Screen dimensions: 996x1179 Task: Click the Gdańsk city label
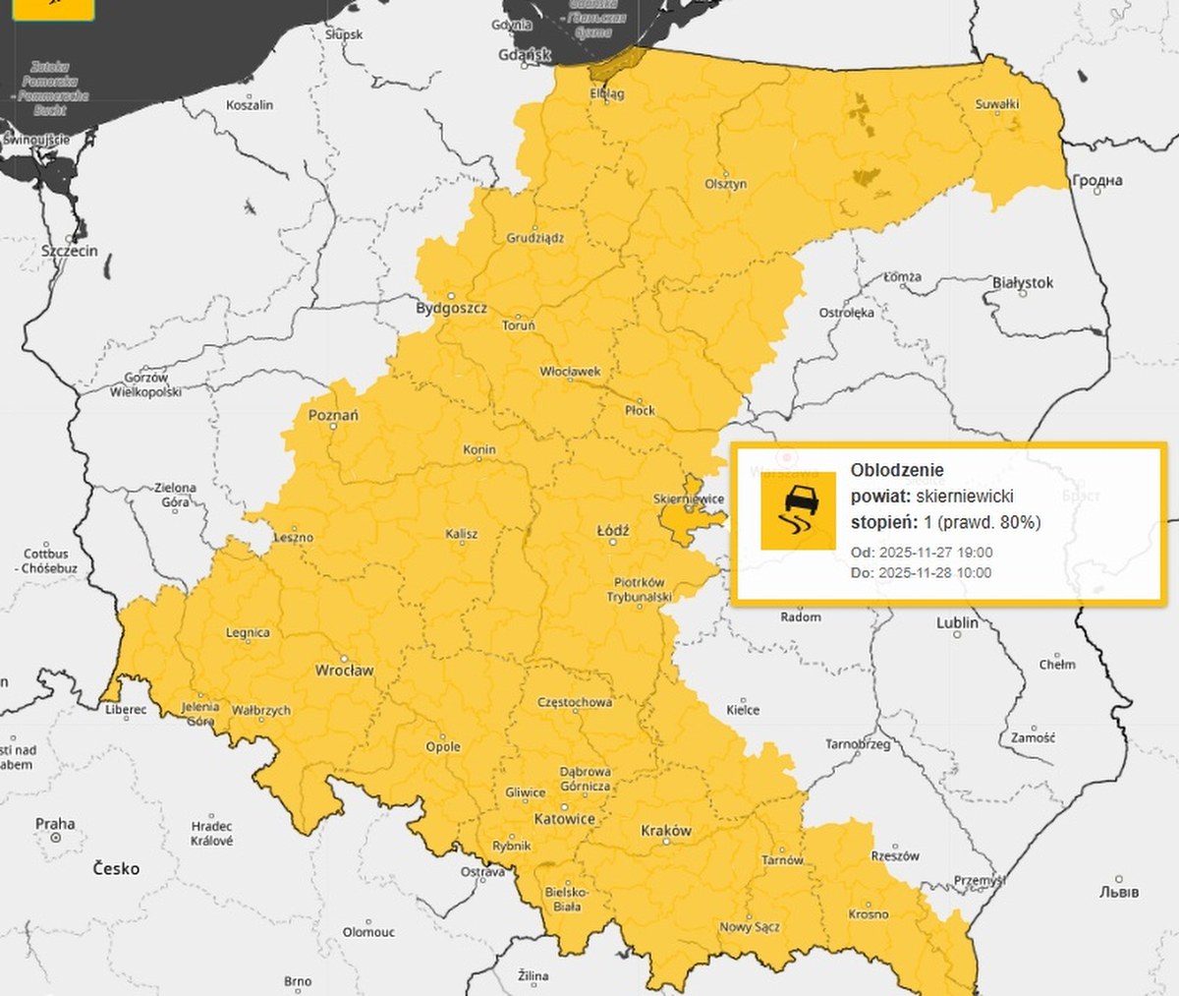tap(525, 55)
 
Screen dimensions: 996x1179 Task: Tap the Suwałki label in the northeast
tap(996, 104)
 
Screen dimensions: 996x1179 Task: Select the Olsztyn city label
tap(725, 184)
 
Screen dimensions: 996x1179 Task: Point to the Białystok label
tap(1022, 283)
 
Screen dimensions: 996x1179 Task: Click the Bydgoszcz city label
tap(451, 308)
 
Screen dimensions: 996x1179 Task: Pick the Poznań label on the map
tap(333, 415)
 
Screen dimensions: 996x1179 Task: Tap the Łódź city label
tap(613, 531)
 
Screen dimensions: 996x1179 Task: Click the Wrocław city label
tap(344, 671)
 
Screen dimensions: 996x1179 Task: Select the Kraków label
tap(665, 831)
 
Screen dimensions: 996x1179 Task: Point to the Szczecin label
tap(69, 251)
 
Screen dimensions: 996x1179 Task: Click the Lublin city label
tap(957, 622)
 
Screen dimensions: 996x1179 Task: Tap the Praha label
tap(55, 824)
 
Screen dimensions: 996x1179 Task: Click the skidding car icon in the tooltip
tap(798, 510)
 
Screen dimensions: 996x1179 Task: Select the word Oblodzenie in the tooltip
tap(896, 470)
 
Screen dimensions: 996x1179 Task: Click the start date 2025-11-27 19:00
tap(934, 553)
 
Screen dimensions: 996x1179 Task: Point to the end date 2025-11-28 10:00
tap(934, 572)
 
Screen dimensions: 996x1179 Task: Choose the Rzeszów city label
tap(894, 855)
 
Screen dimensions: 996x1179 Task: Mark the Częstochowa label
tap(575, 702)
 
